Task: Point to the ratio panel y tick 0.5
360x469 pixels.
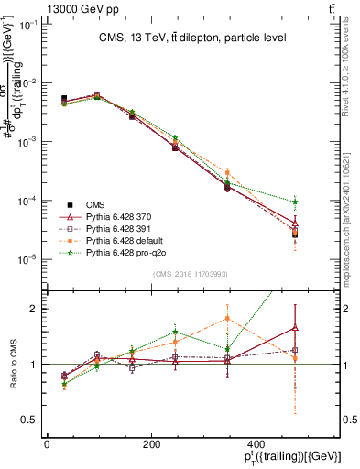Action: coord(28,420)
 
